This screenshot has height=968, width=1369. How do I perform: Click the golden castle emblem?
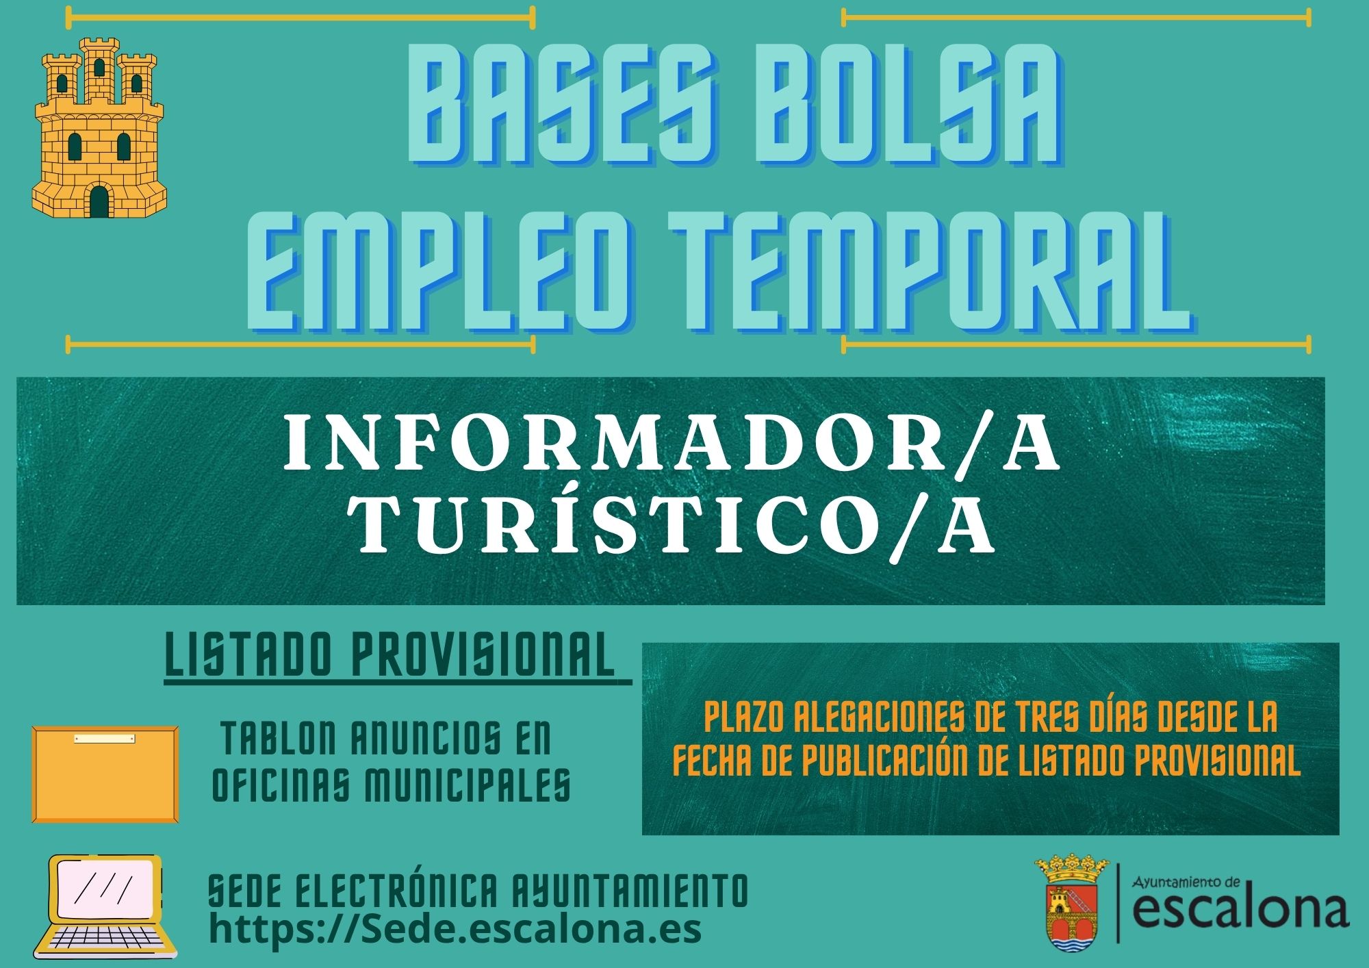tap(99, 128)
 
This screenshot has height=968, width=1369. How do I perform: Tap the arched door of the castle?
tap(99, 201)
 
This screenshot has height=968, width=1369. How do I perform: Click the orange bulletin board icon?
tap(105, 774)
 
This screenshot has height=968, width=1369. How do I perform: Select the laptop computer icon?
tap(105, 906)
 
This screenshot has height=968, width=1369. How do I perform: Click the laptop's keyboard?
tap(105, 939)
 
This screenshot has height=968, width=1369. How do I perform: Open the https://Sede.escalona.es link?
tap(455, 929)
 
